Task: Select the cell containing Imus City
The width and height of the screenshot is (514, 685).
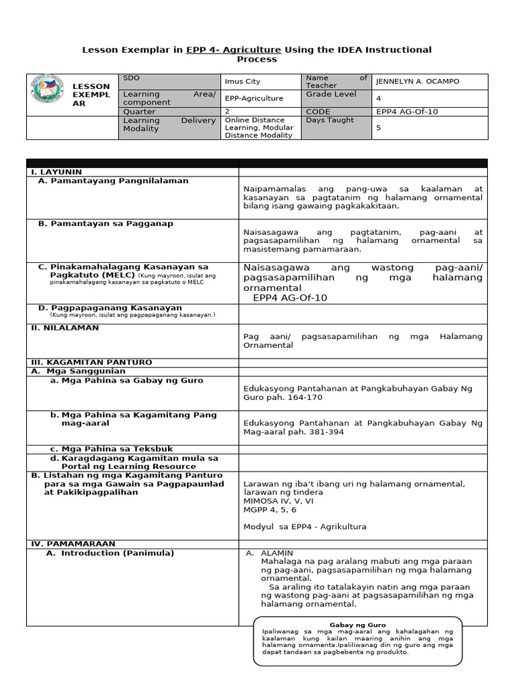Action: (x=242, y=82)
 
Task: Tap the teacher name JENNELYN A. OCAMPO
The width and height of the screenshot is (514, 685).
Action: (x=418, y=82)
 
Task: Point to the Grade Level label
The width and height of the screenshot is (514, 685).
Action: (x=329, y=94)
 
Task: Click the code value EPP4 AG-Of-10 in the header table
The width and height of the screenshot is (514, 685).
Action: (x=407, y=112)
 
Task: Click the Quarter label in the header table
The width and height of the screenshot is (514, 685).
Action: (x=139, y=112)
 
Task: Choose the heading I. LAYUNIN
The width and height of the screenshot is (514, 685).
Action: (x=57, y=172)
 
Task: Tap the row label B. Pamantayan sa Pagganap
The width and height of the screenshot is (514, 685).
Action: (x=105, y=223)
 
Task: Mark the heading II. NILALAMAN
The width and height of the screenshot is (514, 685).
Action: (x=65, y=328)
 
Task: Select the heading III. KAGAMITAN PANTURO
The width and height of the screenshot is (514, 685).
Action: (x=92, y=362)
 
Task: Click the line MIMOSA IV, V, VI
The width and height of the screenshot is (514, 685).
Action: (x=278, y=500)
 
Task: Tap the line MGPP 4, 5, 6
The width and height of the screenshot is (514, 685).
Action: (x=270, y=510)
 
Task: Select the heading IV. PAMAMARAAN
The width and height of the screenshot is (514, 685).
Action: (x=73, y=544)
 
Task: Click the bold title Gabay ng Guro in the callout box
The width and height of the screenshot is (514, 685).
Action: (x=358, y=625)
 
